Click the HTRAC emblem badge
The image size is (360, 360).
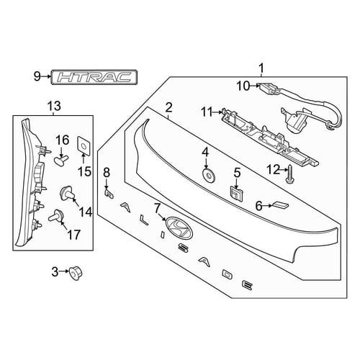click(x=94, y=77)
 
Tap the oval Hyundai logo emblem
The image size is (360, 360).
click(x=179, y=228)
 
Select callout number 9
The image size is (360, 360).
click(x=37, y=77)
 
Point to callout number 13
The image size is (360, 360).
click(x=54, y=106)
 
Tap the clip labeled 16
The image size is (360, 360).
click(x=61, y=160)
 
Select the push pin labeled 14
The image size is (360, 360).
click(x=67, y=193)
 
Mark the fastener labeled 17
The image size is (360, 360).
click(x=56, y=215)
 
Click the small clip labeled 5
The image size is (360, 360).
click(x=237, y=193)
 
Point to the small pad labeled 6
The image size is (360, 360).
click(x=279, y=205)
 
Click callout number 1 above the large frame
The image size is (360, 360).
click(x=261, y=68)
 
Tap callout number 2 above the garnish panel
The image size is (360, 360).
click(x=168, y=107)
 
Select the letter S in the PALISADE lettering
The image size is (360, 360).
click(x=185, y=248)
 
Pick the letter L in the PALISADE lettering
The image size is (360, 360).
click(x=144, y=220)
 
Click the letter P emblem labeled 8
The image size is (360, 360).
click(x=109, y=194)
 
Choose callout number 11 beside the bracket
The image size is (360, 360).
click(x=207, y=112)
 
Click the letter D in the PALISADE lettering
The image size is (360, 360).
click(x=228, y=274)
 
